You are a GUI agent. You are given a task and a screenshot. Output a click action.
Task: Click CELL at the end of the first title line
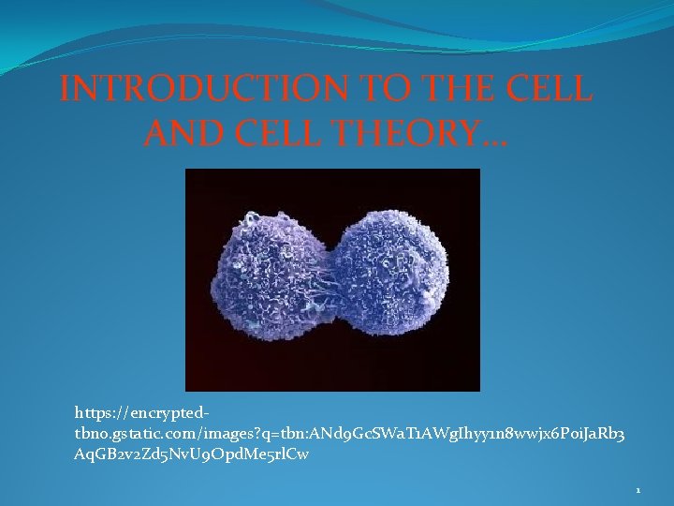(x=548, y=89)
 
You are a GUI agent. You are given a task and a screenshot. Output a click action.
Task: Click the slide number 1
(x=637, y=490)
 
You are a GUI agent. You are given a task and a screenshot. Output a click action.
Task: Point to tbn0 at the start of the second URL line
(x=91, y=434)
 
